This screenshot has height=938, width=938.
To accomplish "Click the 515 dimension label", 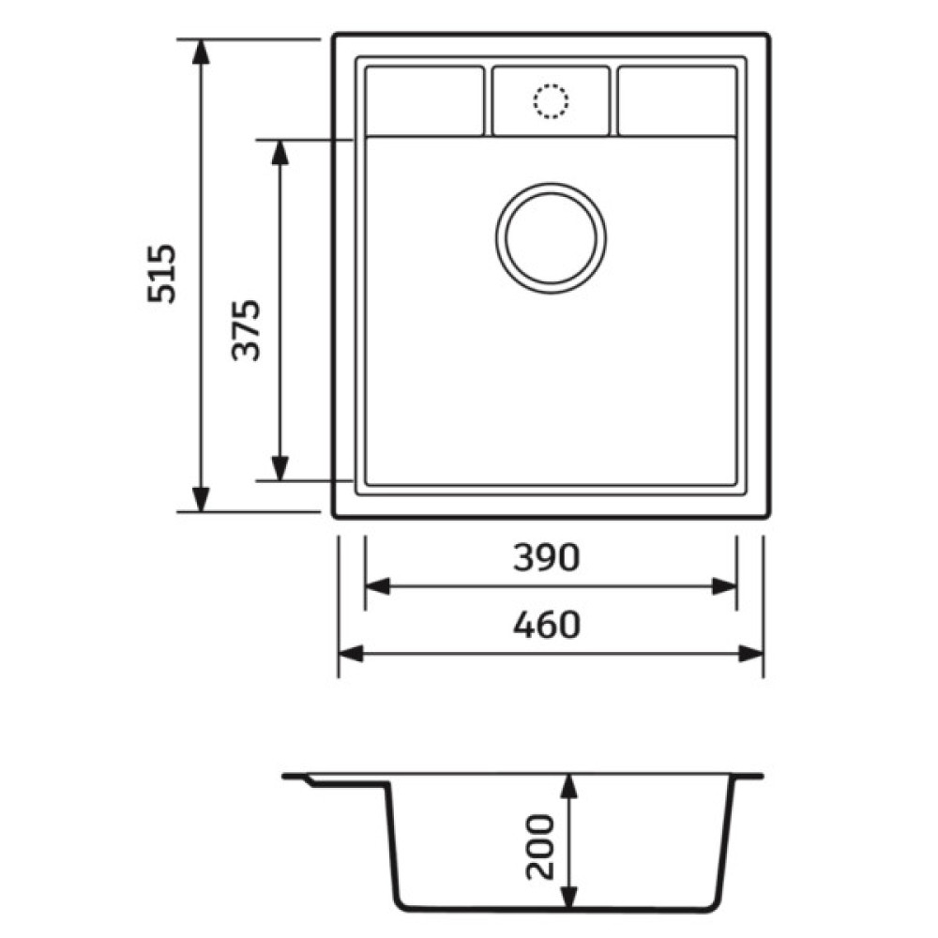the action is coord(162,273).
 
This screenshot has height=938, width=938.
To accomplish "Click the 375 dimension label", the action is coord(246,330).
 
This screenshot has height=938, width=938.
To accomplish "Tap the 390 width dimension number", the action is coord(547,557).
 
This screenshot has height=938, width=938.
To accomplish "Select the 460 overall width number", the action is coord(547,625).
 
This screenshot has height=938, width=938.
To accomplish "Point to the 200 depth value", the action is coord(540,846).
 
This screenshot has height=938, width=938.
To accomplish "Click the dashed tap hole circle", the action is coord(551,101).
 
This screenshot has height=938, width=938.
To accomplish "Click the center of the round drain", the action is coord(551,238).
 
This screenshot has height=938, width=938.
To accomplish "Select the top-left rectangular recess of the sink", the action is coord(425,101).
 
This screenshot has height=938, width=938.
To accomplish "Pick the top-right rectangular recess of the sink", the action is coord(677,101).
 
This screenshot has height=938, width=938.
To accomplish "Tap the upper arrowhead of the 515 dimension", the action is coord(201,51).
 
